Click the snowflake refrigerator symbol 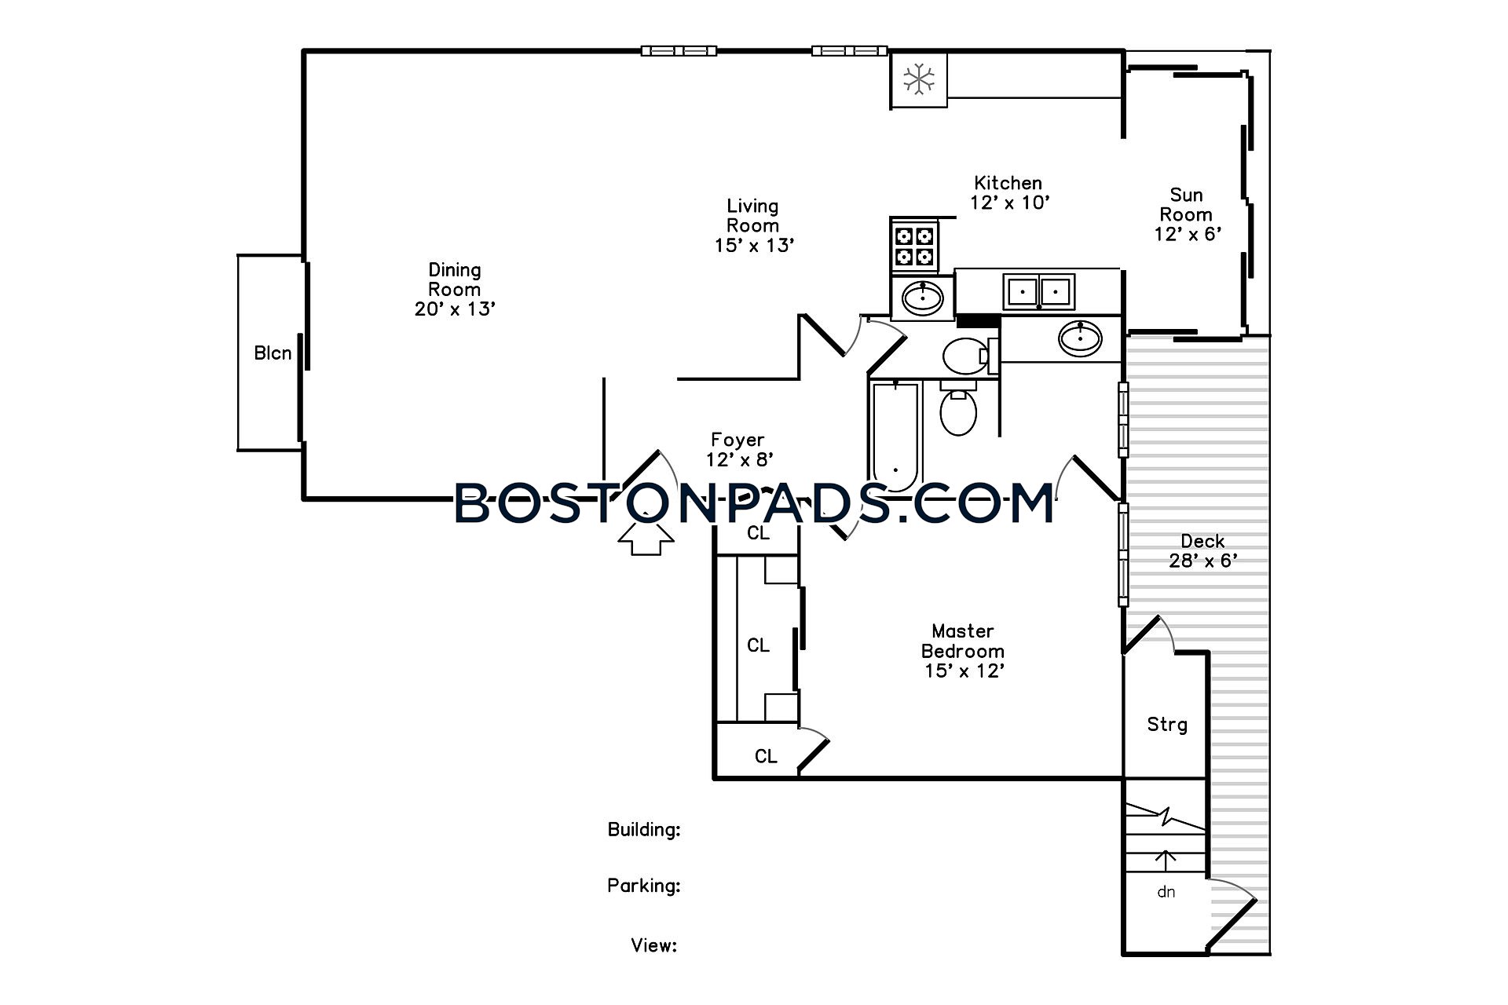[918, 79]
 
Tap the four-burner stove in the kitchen [915, 246]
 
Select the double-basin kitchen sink [1039, 291]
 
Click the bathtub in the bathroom [895, 437]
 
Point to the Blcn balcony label [273, 353]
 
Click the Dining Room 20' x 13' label [455, 290]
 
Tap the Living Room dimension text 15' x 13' [754, 246]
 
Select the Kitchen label [1008, 183]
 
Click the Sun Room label [1186, 205]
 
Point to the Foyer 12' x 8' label [738, 450]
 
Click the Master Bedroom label [963, 641]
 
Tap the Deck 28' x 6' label [1203, 551]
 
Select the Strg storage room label [1166, 725]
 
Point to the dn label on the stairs [1166, 892]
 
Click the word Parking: [644, 886]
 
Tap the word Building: [644, 829]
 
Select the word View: [654, 945]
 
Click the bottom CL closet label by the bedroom [766, 756]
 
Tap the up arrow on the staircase [1166, 861]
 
